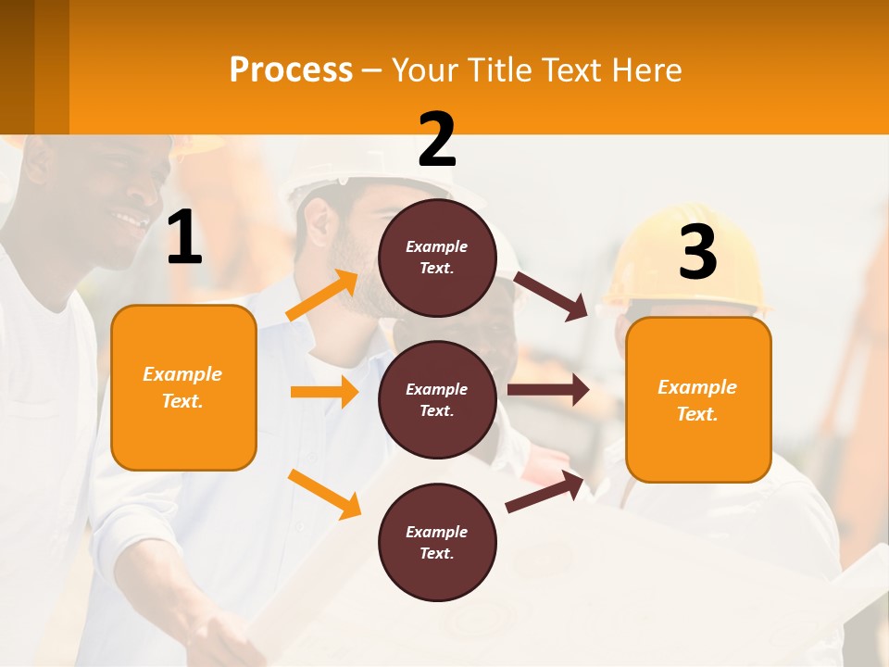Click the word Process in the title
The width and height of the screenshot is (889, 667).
[291, 70]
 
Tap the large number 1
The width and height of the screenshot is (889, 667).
[184, 239]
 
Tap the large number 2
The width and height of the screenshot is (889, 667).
[437, 139]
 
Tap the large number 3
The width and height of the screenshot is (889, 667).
[697, 252]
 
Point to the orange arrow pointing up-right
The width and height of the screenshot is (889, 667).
[322, 296]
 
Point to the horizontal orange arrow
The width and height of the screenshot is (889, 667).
[324, 392]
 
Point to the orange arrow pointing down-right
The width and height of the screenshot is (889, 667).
[324, 493]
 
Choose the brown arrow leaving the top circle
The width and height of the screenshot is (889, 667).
[551, 296]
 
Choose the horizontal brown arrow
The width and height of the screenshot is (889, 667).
[547, 390]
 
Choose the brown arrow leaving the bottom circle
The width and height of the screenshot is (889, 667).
[545, 491]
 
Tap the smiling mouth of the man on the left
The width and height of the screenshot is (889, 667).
[131, 221]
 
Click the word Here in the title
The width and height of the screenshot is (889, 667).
[648, 70]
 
